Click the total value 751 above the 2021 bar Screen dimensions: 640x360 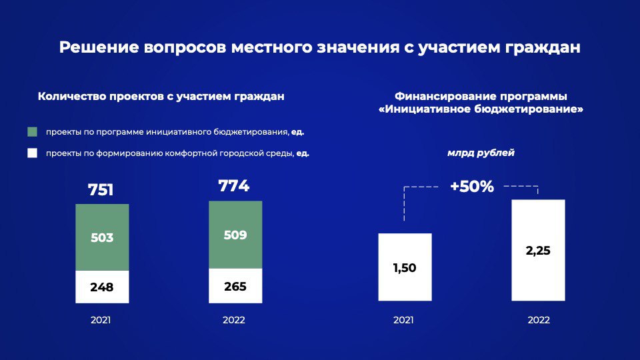tap(101, 190)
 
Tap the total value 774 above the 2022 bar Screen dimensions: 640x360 tap(234, 186)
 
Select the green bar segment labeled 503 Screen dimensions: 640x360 tap(102, 237)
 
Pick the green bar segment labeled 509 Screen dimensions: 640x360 tap(235, 235)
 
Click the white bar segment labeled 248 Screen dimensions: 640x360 tap(102, 287)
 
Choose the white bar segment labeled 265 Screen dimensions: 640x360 tap(235, 286)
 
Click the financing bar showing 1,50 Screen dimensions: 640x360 tap(405, 267)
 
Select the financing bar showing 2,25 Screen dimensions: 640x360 tap(539, 250)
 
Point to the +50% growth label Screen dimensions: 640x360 tap(472, 187)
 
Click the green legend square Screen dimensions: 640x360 tap(32, 132)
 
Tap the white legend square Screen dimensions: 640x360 tap(32, 153)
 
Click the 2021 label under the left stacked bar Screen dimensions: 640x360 tap(101, 320)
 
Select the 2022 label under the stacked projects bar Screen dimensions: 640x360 tap(234, 320)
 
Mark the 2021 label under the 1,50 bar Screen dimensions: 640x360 tap(404, 320)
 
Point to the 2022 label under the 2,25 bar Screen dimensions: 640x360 tap(539, 320)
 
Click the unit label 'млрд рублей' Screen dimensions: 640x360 tap(481, 153)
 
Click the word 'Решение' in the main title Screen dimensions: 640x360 tap(99, 47)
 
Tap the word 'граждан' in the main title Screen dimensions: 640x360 tap(543, 48)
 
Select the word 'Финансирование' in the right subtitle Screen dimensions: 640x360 tap(445, 96)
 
